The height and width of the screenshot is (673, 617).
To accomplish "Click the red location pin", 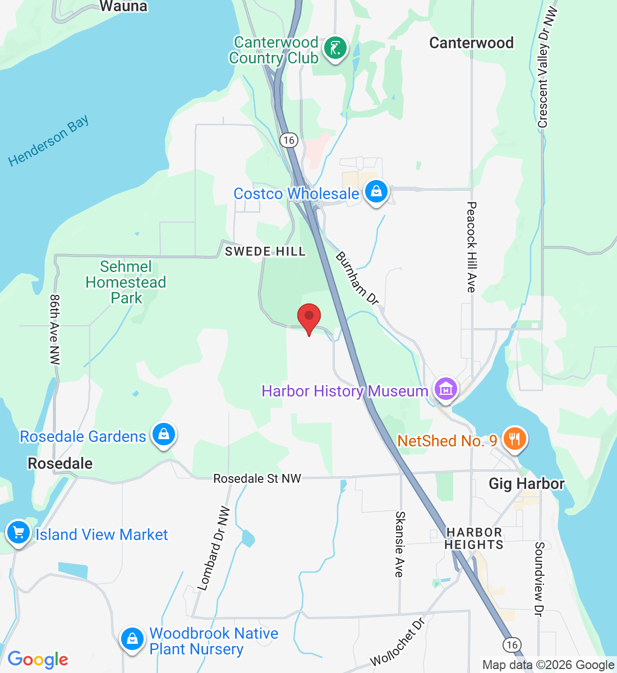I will click(x=308, y=318).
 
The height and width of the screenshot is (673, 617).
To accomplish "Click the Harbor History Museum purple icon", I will click(x=446, y=388).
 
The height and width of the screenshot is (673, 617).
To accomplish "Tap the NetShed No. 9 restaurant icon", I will click(x=514, y=439).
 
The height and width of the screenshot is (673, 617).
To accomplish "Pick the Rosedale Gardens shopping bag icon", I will click(x=163, y=434).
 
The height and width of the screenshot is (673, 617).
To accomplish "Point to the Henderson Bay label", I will click(x=49, y=141).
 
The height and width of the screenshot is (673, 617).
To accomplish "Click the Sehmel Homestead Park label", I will click(x=126, y=282).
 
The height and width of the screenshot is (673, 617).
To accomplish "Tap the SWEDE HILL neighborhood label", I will click(x=265, y=251).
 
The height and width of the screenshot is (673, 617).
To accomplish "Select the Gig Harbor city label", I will click(x=526, y=483).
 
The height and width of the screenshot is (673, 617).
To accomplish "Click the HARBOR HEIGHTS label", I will click(x=474, y=538).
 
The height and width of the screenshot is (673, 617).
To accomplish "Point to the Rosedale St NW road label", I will click(x=257, y=478).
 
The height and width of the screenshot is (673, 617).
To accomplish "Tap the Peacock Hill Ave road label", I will click(x=471, y=247).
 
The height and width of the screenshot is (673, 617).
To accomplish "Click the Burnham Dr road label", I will click(x=357, y=278).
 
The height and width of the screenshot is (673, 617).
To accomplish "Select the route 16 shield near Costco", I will click(x=289, y=140).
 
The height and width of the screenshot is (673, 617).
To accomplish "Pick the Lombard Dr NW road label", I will click(x=214, y=548).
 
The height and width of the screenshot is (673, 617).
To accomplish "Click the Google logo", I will click(x=38, y=660).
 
